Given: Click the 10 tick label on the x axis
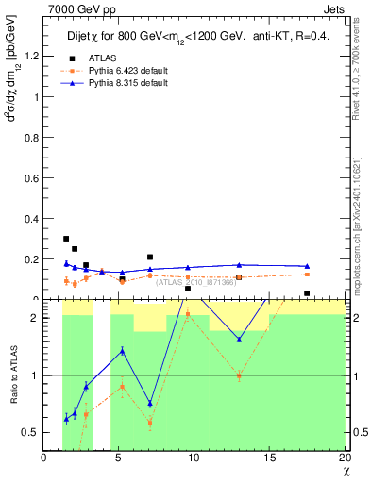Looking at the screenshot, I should click(x=194, y=458).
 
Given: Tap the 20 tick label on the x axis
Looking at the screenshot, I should click(x=345, y=458).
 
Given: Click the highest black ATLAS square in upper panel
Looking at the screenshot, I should click(x=65, y=239).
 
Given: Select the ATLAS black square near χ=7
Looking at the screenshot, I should click(x=150, y=257).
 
